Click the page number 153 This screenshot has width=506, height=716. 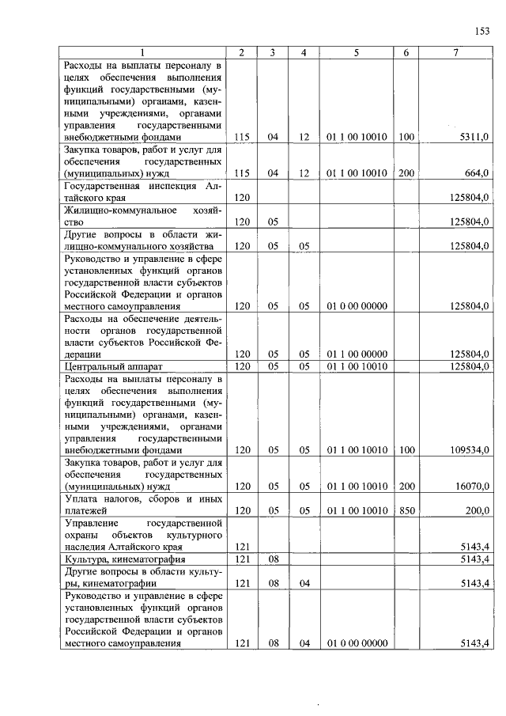(x=482, y=31)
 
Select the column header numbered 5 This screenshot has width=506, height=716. (x=357, y=52)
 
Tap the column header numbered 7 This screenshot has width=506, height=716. (x=457, y=52)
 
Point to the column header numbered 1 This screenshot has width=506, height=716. (x=143, y=52)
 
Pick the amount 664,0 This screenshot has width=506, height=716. (x=477, y=172)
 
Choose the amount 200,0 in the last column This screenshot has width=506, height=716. (x=477, y=511)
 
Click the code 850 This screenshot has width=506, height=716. (x=406, y=511)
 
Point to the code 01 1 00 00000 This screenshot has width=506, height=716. (x=357, y=354)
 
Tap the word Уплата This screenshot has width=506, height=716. (x=81, y=499)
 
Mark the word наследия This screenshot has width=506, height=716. (x=83, y=547)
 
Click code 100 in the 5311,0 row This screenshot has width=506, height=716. (x=406, y=137)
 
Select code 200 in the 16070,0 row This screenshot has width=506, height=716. (x=406, y=487)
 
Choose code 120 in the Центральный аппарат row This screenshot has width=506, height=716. (x=242, y=366)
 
